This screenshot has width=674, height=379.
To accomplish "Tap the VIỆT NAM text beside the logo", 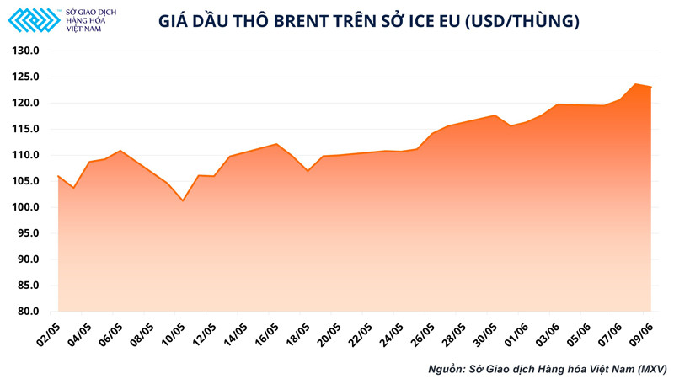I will pyautogui.click(x=86, y=28).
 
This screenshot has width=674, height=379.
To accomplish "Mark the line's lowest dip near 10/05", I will pyautogui.click(x=182, y=200).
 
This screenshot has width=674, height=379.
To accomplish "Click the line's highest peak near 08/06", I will pyautogui.click(x=635, y=84).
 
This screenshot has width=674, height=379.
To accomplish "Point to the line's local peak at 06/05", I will pyautogui.click(x=120, y=151).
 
